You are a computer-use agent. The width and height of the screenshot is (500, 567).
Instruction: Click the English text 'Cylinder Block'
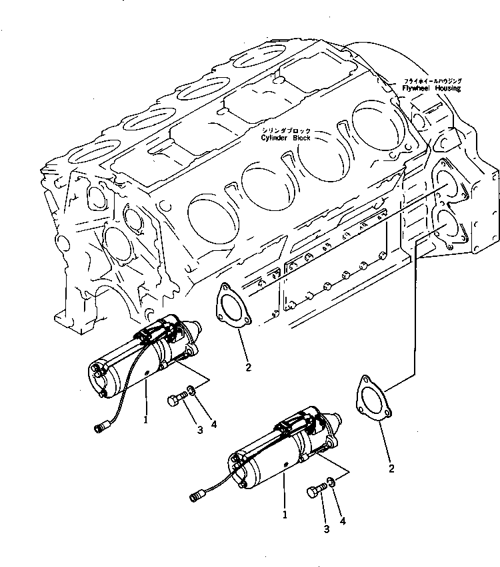pyautogui.click(x=287, y=138)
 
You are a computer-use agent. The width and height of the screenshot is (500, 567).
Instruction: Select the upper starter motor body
pyautogui.click(x=143, y=359)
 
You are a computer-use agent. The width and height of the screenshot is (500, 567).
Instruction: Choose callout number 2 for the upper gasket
pyautogui.click(x=247, y=367)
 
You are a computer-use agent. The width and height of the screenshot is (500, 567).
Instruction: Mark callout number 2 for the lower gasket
pyautogui.click(x=391, y=469)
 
